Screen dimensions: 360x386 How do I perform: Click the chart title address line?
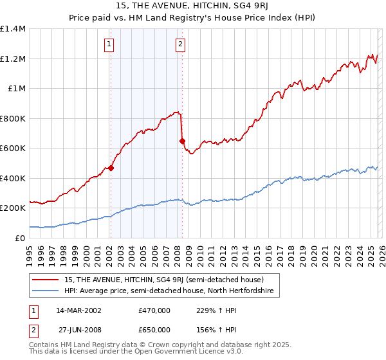tap(193, 6)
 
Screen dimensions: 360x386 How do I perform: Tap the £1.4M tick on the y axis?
tap(13, 29)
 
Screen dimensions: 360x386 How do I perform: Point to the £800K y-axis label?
tap(13, 118)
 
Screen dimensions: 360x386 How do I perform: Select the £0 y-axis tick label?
tap(20, 238)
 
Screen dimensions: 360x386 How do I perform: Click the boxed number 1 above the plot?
tap(109, 44)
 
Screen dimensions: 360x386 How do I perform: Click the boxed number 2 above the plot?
tap(180, 44)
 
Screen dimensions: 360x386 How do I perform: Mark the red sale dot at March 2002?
tap(111, 168)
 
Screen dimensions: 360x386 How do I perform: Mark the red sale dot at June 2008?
tap(182, 141)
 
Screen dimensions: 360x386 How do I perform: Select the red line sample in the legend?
tap(46, 279)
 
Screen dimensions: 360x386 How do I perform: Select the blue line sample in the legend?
tap(46, 291)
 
